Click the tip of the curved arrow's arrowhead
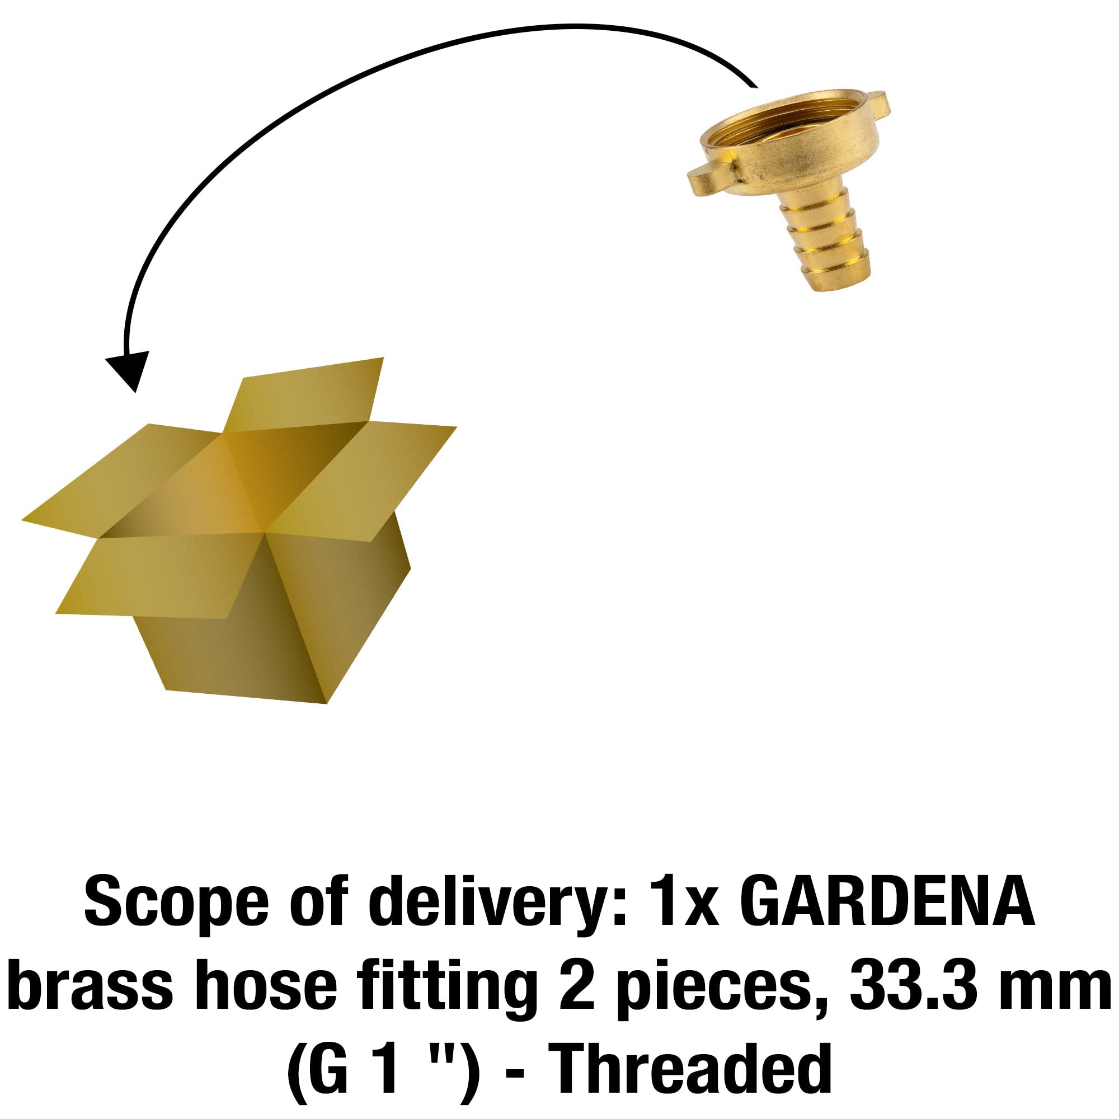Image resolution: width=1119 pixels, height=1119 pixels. coord(135,393)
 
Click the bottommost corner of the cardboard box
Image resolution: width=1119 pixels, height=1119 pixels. coord(327,704)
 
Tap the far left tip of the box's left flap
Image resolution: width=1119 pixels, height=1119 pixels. coord(22,520)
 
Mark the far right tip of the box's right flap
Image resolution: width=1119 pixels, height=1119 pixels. coord(457,427)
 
